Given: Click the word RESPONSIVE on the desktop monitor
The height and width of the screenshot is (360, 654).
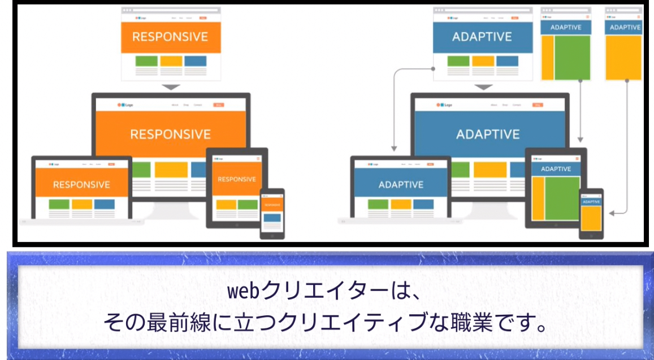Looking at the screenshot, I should [x=170, y=135].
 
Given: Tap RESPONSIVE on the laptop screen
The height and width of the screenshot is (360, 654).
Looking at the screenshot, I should [x=81, y=185].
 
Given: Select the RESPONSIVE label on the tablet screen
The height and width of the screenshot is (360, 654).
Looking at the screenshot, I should [x=237, y=179].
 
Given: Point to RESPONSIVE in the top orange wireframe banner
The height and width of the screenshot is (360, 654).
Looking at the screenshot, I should [x=170, y=37].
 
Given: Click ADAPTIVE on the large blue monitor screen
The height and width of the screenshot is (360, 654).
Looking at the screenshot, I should [x=487, y=135].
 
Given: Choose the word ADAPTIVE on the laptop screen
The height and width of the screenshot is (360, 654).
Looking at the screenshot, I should [x=401, y=185].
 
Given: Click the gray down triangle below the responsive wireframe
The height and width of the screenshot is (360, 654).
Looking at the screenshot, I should [x=171, y=87].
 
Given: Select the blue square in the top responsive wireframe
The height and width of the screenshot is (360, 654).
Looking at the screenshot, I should [x=195, y=61].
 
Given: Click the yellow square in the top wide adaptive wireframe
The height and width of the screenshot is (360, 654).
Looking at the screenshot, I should [x=483, y=61].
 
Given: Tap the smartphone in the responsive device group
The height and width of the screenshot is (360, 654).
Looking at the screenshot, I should [x=272, y=213].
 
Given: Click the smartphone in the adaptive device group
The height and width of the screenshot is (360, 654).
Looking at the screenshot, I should [x=591, y=213].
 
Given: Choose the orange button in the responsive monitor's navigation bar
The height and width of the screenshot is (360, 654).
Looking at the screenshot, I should [x=218, y=105].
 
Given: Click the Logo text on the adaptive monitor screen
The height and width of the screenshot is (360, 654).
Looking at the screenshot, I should [x=448, y=105].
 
